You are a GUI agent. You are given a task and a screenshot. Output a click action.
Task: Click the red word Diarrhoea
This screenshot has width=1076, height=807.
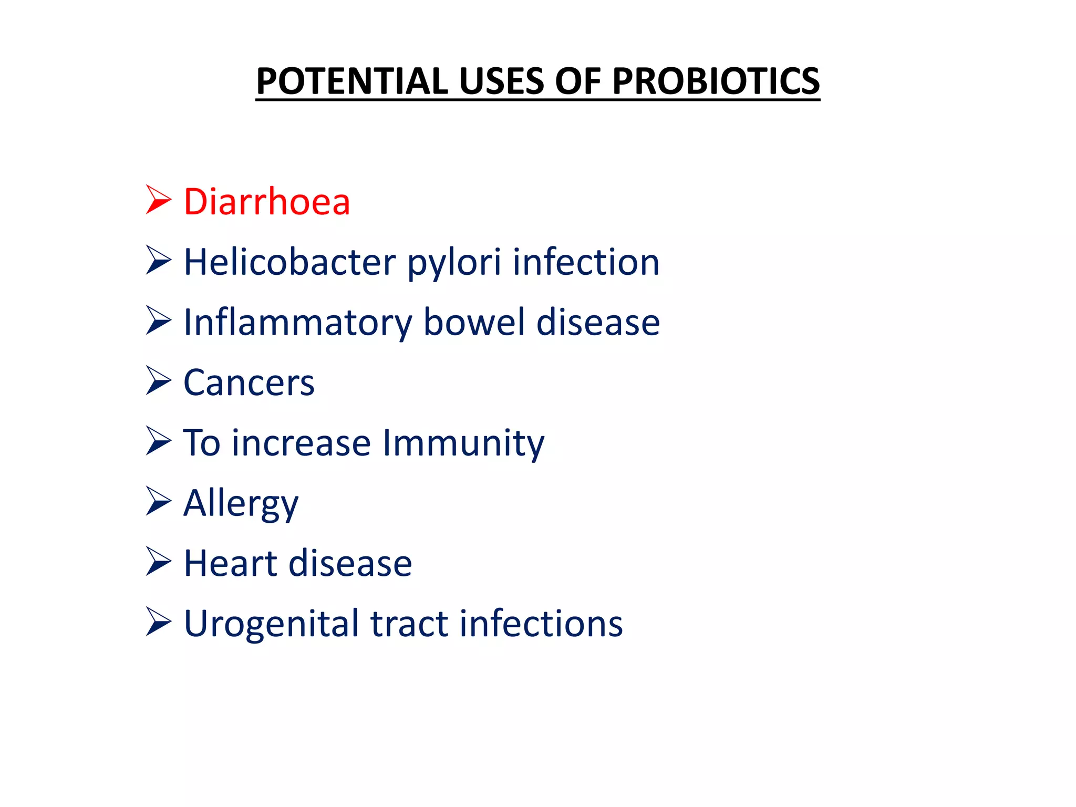pyautogui.click(x=266, y=202)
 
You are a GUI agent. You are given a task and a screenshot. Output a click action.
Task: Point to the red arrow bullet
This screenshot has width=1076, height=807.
pyautogui.click(x=158, y=200)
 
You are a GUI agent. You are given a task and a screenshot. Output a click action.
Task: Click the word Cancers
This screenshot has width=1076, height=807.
pyautogui.click(x=249, y=382)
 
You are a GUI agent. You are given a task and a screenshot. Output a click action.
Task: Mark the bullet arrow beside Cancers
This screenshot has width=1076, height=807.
pyautogui.click(x=158, y=380)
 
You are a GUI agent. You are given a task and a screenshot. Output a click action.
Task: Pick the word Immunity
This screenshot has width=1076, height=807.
pyautogui.click(x=463, y=443)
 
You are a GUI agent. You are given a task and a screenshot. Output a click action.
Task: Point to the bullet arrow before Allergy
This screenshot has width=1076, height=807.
pyautogui.click(x=158, y=501)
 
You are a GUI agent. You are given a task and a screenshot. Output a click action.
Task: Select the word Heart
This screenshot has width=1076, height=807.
pyautogui.click(x=231, y=563)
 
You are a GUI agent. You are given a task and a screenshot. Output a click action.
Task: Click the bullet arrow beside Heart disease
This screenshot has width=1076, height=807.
pyautogui.click(x=158, y=561)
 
